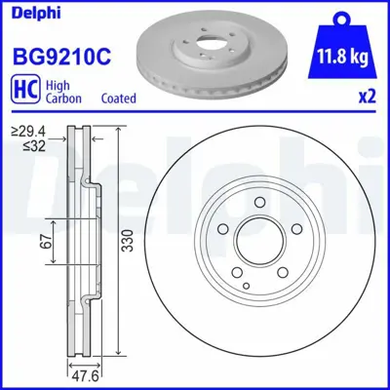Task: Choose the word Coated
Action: click(118, 97)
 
